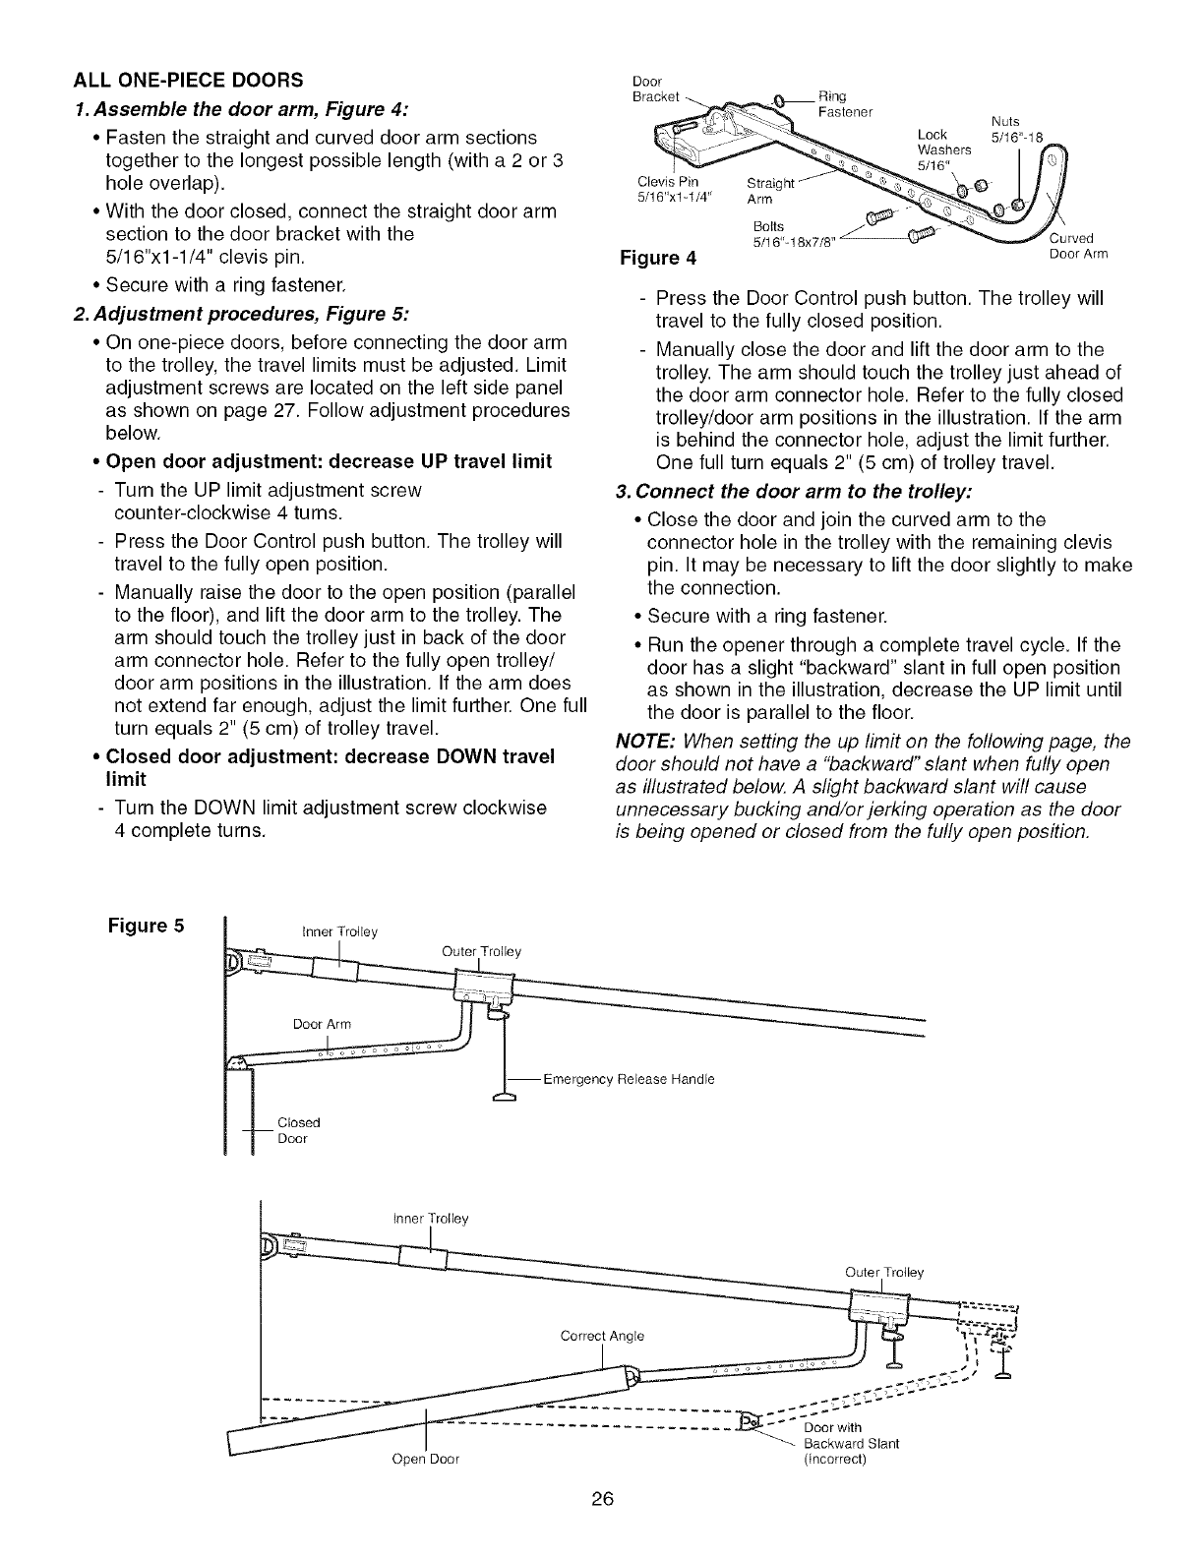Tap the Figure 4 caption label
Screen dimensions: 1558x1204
(x=657, y=259)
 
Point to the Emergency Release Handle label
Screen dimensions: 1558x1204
(x=629, y=1079)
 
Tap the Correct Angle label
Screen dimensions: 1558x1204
(x=602, y=1336)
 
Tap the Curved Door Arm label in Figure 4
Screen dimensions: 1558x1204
(x=1079, y=246)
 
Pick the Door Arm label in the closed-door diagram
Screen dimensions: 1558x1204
(x=322, y=1024)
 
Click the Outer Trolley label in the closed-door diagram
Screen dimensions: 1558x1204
(x=481, y=951)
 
